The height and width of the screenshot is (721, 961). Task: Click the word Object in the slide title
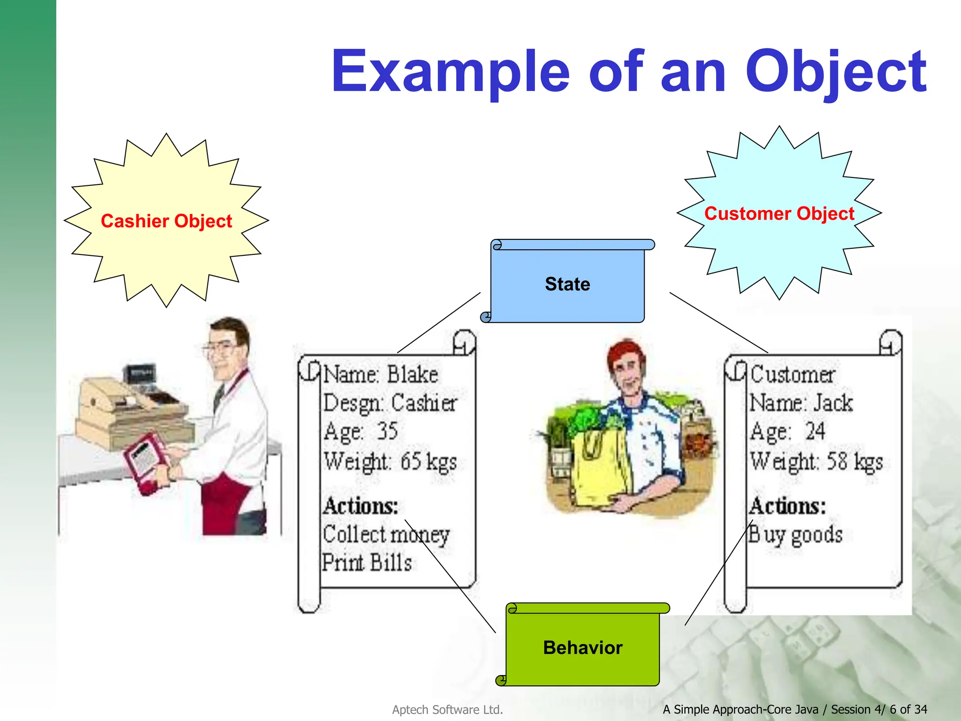[835, 73]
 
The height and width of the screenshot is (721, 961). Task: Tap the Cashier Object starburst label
[166, 221]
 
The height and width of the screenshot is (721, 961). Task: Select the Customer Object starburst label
[779, 214]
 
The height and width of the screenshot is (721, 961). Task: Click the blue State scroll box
[567, 284]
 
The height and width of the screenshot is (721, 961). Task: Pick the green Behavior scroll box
[583, 648]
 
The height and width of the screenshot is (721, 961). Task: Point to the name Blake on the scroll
[412, 375]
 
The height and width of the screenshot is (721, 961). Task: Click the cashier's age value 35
[388, 431]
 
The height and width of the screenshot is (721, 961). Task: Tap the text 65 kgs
[428, 461]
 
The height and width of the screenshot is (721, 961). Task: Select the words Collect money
[386, 535]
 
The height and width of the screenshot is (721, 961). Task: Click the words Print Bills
[367, 562]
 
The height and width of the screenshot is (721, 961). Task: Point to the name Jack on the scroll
[833, 403]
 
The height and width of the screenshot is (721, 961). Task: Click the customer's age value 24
[815, 431]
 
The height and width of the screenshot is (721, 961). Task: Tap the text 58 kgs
[854, 461]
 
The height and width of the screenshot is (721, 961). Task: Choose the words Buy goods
[795, 535]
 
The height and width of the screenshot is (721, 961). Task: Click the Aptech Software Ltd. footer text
[447, 710]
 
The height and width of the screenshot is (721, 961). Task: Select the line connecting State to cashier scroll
[439, 323]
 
